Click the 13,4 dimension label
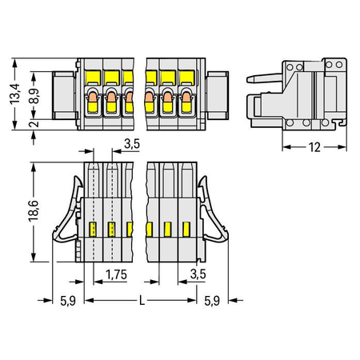(15, 94)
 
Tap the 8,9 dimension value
(34, 95)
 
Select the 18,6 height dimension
(34, 210)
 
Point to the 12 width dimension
(314, 147)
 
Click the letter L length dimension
(142, 301)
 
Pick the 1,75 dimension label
(116, 274)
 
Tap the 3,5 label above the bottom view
(132, 144)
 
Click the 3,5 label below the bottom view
(198, 274)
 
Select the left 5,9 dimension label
(68, 301)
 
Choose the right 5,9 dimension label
(212, 301)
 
